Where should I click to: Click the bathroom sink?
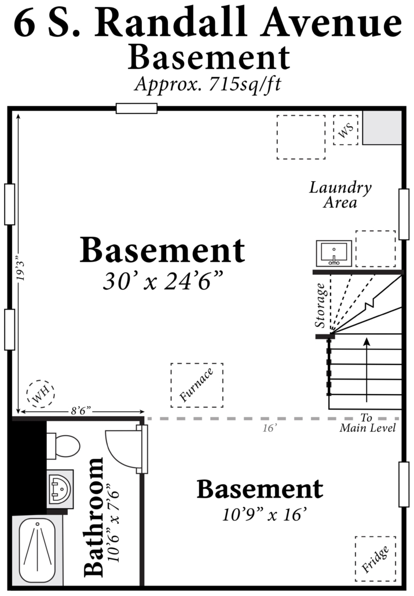[x=60, y=488]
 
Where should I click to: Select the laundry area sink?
[x=334, y=253]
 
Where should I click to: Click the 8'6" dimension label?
[x=81, y=411]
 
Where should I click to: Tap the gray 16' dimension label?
[x=269, y=428]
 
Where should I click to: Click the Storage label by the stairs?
[x=320, y=305]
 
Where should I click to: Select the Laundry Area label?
[x=340, y=194]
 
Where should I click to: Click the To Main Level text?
[x=368, y=423]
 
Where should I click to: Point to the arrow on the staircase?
[x=367, y=369]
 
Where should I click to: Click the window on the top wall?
[x=137, y=108]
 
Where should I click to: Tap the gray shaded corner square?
[x=382, y=128]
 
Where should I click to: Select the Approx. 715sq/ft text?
[x=208, y=84]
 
